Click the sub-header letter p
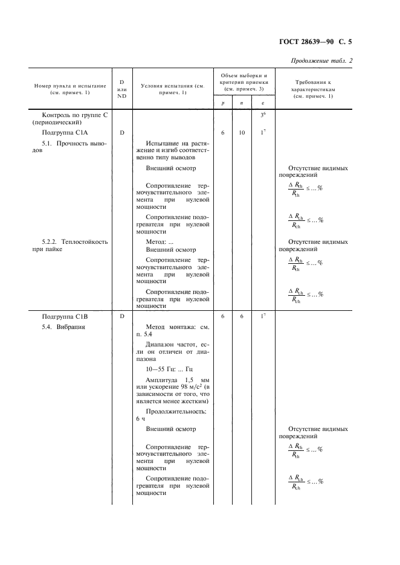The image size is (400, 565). tap(223, 103)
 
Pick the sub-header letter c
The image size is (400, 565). tap(262, 103)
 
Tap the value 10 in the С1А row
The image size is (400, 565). tap(242, 132)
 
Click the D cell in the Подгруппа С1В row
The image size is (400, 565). tap(122, 316)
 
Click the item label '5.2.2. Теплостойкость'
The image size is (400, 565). tap(74, 241)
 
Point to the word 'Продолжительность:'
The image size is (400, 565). tap(176, 410)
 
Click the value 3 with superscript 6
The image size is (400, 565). tap(262, 115)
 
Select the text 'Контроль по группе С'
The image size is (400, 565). tap(74, 114)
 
